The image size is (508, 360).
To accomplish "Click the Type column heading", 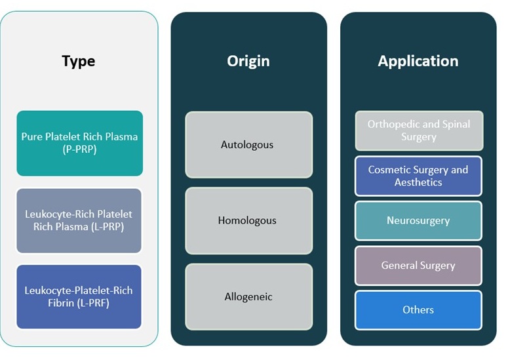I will tap(79, 61).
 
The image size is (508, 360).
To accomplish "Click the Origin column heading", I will tap(248, 61).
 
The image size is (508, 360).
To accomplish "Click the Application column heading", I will tap(418, 61).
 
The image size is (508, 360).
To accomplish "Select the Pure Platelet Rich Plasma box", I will tap(79, 143).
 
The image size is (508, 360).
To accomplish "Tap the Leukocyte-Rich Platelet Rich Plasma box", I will tap(79, 220).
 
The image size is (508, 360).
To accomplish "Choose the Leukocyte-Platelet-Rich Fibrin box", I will tap(79, 296).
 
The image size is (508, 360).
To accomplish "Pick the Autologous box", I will tap(248, 144).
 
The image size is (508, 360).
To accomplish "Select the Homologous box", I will tap(248, 220).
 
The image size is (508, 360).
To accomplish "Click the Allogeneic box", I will tap(248, 296).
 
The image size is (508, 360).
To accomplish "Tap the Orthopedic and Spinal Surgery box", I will tap(418, 130).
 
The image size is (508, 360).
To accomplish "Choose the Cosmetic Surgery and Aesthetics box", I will tap(418, 176).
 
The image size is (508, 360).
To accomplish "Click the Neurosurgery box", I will tap(418, 220).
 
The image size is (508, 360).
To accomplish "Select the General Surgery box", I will tap(418, 266).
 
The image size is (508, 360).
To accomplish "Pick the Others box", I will tap(418, 310).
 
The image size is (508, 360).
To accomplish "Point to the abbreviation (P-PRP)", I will tap(79, 150).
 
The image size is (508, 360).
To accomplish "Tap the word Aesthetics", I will tap(418, 182).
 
